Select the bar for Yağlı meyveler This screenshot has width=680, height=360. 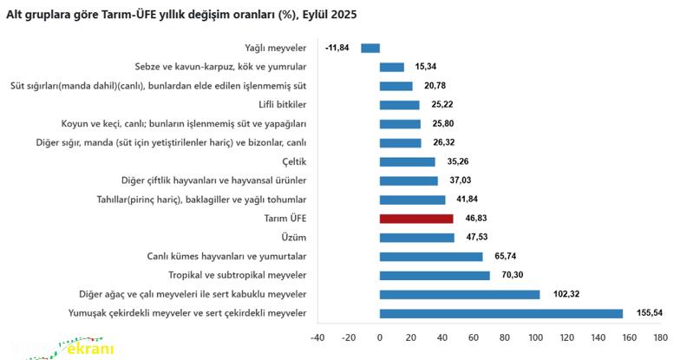point(370,48)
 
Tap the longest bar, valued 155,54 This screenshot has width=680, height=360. point(501,313)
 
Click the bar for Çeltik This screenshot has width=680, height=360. point(408,161)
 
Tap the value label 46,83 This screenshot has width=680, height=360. point(474,219)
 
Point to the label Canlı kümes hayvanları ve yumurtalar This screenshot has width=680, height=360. point(228,257)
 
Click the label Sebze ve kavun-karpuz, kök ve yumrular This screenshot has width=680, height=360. point(220,67)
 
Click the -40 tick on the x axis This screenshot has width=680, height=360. point(317,337)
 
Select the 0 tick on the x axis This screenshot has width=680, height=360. point(380,337)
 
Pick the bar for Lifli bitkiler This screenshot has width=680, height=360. point(400,105)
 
